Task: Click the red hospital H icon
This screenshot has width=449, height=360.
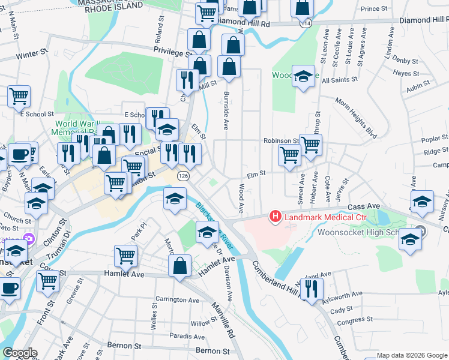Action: pyautogui.click(x=276, y=216)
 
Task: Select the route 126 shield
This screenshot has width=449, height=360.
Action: pyautogui.click(x=183, y=176)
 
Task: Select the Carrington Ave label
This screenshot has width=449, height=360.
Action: pyautogui.click(x=177, y=300)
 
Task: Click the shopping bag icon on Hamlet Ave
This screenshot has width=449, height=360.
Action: pyautogui.click(x=179, y=265)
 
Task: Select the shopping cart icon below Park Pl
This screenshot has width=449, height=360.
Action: pyautogui.click(x=125, y=256)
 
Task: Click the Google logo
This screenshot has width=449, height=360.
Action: pyautogui.click(x=20, y=353)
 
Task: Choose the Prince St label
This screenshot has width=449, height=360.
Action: pyautogui.click(x=374, y=9)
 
